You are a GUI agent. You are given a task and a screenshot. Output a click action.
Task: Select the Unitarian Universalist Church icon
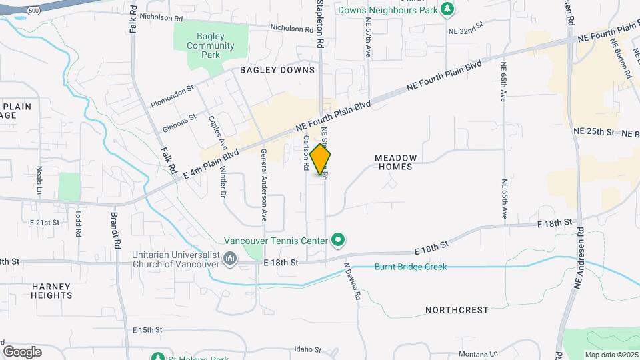[x=230, y=257]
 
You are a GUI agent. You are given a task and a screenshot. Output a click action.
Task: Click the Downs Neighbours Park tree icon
[x=449, y=9]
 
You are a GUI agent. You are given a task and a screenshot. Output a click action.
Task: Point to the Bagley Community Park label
[x=211, y=46]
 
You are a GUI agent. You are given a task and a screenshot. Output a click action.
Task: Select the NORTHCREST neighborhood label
[x=457, y=310]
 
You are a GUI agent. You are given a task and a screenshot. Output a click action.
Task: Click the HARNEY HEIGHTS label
[x=51, y=291]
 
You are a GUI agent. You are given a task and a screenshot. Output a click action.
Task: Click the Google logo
[x=22, y=351]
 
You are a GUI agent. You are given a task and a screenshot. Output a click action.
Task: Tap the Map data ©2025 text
[x=611, y=355]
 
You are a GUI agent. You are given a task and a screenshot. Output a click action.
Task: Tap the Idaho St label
[x=308, y=349]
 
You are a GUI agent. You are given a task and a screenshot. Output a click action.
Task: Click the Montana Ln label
[x=479, y=354]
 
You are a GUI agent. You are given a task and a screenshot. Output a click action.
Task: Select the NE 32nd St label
[x=465, y=31]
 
